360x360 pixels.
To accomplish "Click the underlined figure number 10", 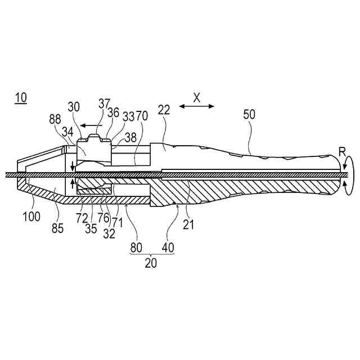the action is (x=20, y=98).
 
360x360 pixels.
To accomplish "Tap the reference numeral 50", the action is (x=249, y=115).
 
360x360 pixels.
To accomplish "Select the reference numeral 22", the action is (x=164, y=111).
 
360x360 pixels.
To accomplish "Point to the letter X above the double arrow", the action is (x=197, y=97).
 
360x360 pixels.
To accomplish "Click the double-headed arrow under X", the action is (x=197, y=106).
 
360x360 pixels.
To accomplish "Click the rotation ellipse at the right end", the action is (x=348, y=176).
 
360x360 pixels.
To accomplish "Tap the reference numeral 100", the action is (x=32, y=217).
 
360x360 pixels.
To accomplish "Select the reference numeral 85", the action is (x=58, y=228).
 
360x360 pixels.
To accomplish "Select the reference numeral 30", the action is (x=74, y=107).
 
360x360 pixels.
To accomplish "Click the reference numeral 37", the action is (x=104, y=103).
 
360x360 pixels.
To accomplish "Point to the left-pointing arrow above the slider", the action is (x=89, y=125).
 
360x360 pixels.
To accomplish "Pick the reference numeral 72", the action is (x=82, y=217).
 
